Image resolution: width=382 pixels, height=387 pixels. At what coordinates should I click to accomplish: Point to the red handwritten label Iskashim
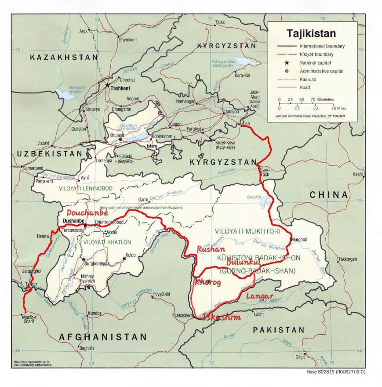pos(221,317)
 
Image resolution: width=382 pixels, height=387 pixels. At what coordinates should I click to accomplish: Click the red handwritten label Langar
pos(259,296)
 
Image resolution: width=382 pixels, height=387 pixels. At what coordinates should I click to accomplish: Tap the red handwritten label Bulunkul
pos(244,262)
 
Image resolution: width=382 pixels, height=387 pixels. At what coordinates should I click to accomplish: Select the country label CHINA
pos(328,194)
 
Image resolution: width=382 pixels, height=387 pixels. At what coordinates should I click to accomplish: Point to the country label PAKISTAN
pos(275,330)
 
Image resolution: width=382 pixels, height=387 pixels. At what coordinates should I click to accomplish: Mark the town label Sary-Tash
pos(266,172)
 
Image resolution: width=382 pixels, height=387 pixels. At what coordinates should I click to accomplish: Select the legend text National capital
pos(316,63)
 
